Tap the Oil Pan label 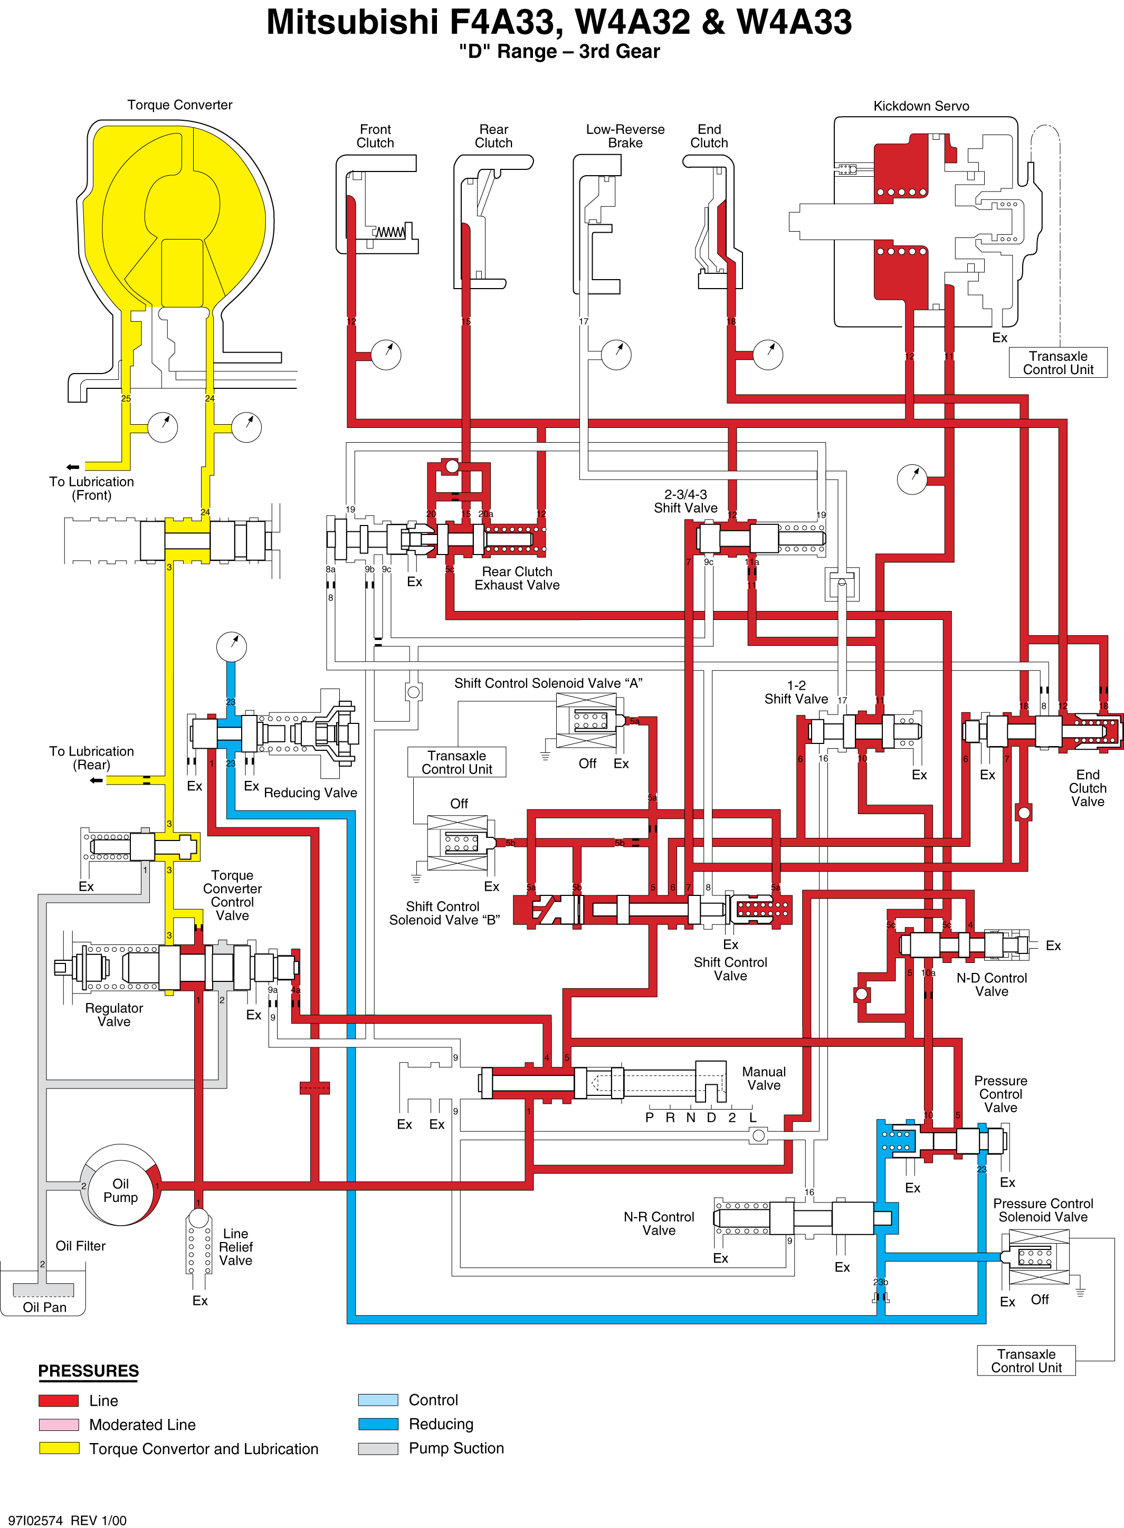[x=45, y=1307]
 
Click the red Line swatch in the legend [x=59, y=1400]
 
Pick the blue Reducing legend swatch [x=378, y=1424]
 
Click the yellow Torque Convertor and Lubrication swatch [x=59, y=1448]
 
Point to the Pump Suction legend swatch [x=378, y=1448]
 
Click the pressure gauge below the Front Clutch [x=386, y=355]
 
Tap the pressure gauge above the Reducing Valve [x=231, y=646]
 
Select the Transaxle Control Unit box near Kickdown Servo [x=1058, y=362]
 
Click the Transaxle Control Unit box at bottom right [x=1026, y=1361]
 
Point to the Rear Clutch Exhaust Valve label [x=517, y=578]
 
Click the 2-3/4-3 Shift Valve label [x=686, y=501]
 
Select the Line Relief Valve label [x=235, y=1247]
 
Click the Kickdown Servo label [x=921, y=106]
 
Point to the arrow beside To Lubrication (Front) [x=73, y=467]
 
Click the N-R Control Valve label [x=659, y=1223]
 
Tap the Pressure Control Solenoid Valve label [x=1043, y=1210]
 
